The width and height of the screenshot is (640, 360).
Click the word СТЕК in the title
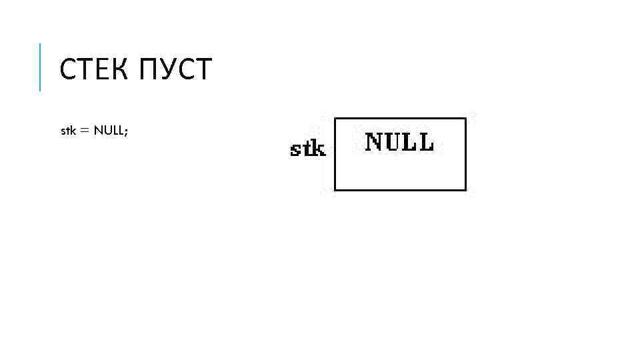(95, 69)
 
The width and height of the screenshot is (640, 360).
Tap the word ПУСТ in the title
(176, 69)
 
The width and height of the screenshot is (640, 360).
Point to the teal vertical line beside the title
(40, 67)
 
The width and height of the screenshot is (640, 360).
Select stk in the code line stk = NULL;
(68, 131)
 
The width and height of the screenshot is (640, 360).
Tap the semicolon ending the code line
(125, 132)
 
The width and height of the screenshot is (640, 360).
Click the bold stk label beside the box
(308, 149)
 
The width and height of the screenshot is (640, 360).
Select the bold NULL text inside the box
(399, 141)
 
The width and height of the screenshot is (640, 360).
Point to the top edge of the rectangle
(400, 119)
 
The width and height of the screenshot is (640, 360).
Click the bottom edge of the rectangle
(400, 191)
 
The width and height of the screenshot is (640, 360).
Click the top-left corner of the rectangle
(334, 119)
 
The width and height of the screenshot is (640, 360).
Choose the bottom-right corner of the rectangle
(465, 191)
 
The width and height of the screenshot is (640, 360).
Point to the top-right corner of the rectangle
(465, 119)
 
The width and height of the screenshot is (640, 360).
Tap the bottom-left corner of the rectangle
(334, 191)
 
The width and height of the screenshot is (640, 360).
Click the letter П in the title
(149, 69)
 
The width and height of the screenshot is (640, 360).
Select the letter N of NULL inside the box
(373, 141)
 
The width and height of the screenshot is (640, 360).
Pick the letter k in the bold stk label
(319, 149)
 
